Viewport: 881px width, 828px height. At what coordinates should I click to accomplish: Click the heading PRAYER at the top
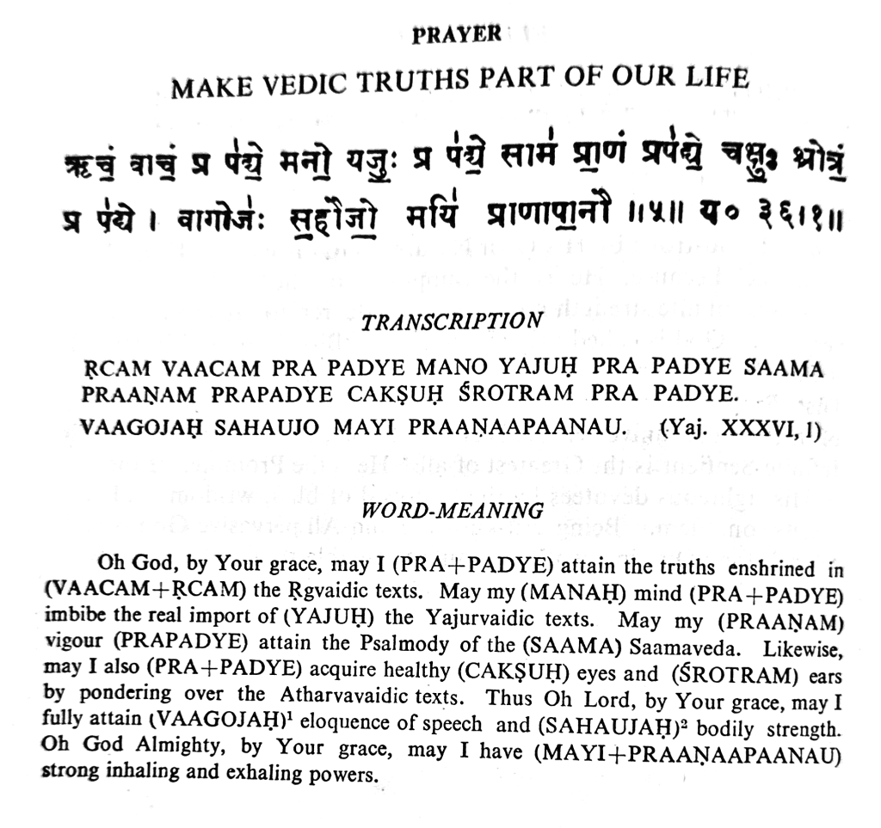[456, 35]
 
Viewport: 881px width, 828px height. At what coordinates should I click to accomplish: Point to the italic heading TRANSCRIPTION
[452, 322]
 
